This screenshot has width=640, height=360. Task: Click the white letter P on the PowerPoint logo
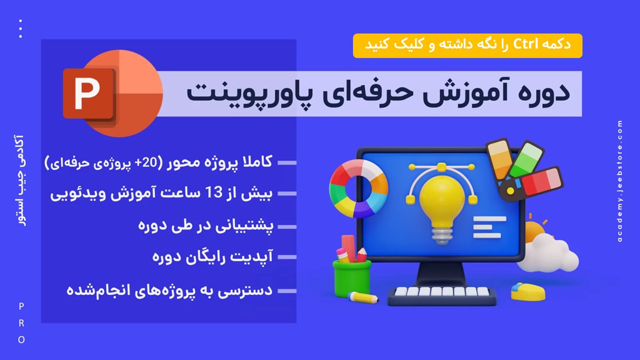(x=87, y=93)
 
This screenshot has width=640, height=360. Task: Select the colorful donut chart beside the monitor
(x=358, y=188)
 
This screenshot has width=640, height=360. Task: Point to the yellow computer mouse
(x=527, y=291)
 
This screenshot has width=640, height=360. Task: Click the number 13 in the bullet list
(x=214, y=193)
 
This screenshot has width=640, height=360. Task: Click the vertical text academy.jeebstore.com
(x=619, y=181)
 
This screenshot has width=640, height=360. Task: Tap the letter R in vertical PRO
(x=21, y=323)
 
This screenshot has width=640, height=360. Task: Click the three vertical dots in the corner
(x=20, y=28)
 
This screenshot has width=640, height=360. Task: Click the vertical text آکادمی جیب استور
(x=19, y=180)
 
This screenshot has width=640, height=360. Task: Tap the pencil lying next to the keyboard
(x=363, y=297)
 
